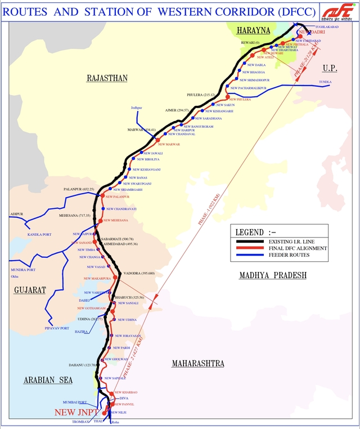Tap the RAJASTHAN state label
(x=107, y=78)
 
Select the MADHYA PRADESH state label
(x=273, y=275)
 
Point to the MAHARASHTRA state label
(x=197, y=364)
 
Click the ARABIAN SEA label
(x=48, y=381)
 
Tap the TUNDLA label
(x=325, y=82)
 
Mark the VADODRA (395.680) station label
(x=138, y=274)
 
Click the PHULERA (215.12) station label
(x=202, y=95)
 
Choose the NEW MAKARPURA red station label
(x=97, y=279)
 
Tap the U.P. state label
(x=329, y=68)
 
